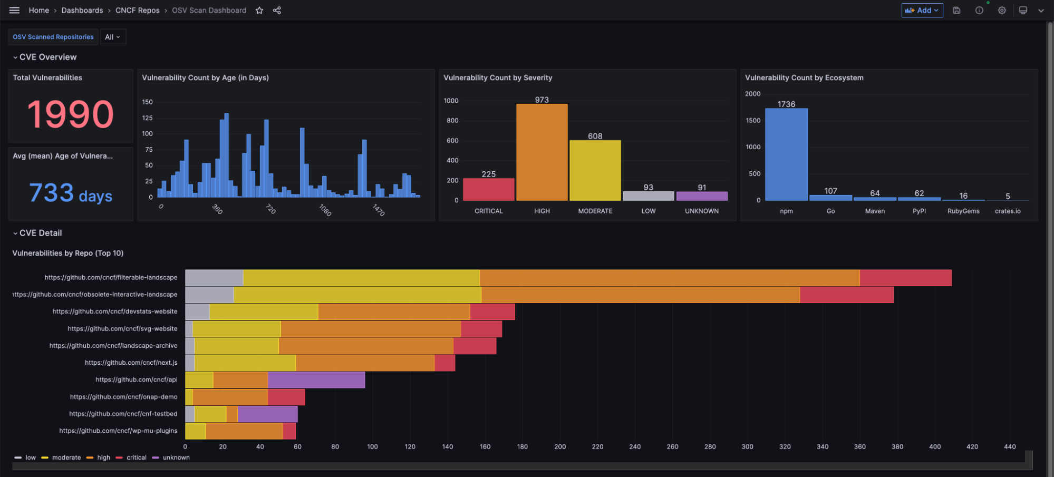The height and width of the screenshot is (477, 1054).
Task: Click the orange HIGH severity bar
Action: (541, 152)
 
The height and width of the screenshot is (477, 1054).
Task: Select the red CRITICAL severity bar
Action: (488, 189)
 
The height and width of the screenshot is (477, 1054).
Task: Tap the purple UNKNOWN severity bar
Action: (701, 196)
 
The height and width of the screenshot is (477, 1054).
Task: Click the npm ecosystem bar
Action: (786, 154)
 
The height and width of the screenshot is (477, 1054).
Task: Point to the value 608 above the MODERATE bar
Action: (595, 136)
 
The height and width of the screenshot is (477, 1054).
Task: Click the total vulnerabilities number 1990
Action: (70, 114)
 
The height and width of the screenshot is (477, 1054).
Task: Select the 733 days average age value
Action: (70, 193)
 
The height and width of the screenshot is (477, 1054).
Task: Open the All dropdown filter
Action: (112, 37)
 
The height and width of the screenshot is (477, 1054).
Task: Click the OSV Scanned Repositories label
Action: (53, 37)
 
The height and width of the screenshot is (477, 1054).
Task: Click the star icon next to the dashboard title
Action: (259, 11)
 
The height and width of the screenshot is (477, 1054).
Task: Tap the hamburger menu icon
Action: (14, 11)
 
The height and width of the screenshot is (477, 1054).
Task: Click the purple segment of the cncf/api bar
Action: (316, 380)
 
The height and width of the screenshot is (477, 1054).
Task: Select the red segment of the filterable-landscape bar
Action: (905, 278)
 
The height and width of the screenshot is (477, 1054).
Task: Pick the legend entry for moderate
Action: (66, 457)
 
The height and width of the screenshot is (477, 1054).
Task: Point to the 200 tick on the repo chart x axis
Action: (560, 446)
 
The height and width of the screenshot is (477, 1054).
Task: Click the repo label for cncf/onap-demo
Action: (123, 397)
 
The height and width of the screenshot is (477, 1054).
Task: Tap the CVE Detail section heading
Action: (41, 233)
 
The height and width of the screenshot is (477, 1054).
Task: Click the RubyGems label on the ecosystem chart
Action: (963, 211)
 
